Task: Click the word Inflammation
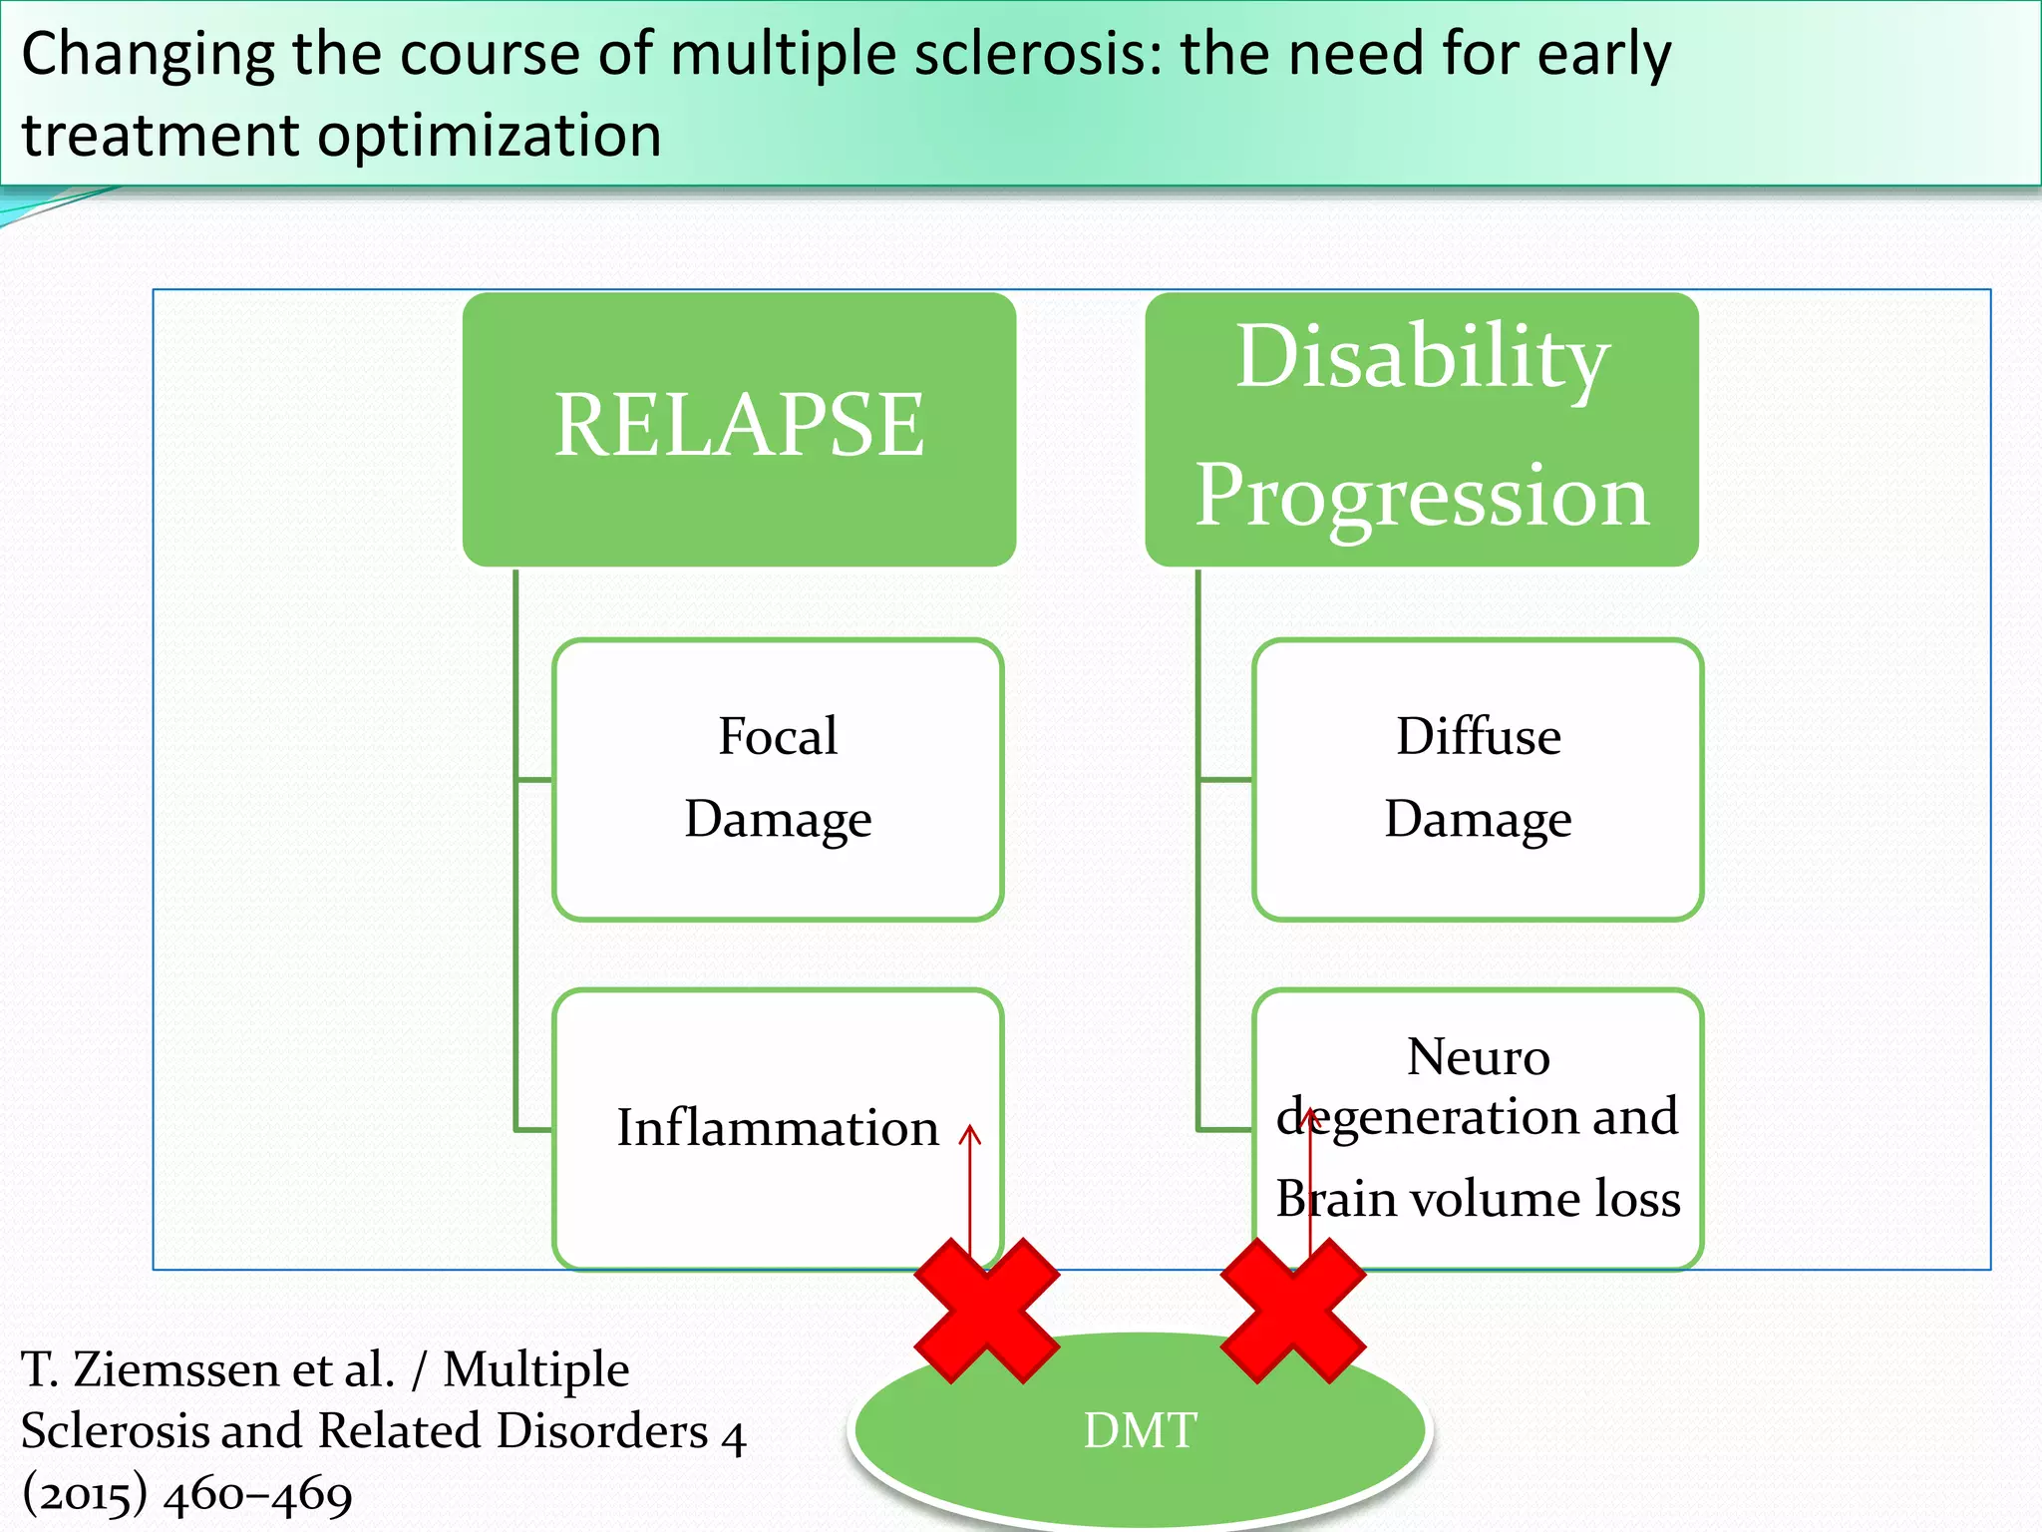tap(778, 1128)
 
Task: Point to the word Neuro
tap(1478, 1057)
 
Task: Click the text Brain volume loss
tap(1478, 1198)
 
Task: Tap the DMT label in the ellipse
tap(1140, 1430)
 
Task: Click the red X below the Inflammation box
tap(986, 1311)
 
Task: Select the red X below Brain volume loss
tap(1292, 1311)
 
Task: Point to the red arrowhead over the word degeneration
tap(1311, 1118)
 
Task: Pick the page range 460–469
tap(257, 1494)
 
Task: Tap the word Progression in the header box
tap(1422, 496)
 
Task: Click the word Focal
tap(778, 736)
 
